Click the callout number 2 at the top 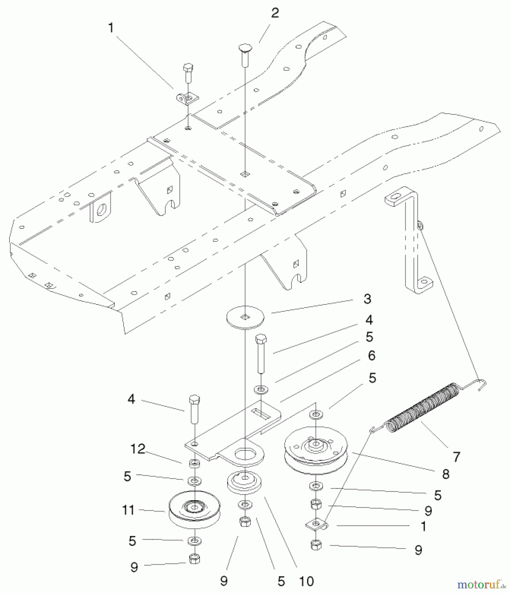(275, 13)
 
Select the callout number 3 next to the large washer (367, 299)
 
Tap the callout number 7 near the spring (456, 457)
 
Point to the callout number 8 (445, 474)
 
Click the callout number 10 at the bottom (306, 581)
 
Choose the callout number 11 (128, 510)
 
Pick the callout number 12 (138, 449)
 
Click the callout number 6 (371, 355)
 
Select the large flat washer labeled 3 (245, 317)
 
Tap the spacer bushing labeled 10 (244, 482)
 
